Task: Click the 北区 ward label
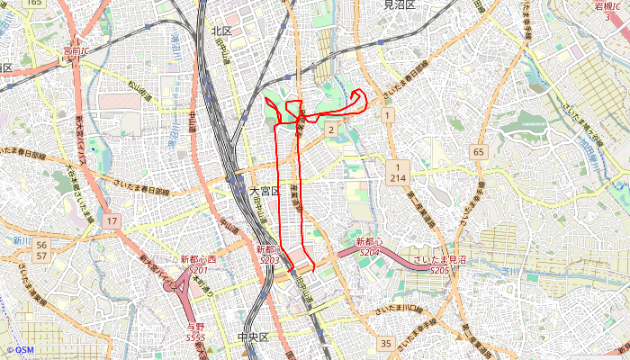click(x=221, y=31)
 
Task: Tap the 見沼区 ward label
click(x=399, y=5)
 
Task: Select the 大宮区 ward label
click(x=265, y=192)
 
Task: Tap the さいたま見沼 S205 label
click(x=439, y=265)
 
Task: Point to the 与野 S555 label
click(x=195, y=332)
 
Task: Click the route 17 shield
click(x=111, y=220)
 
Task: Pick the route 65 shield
click(x=478, y=152)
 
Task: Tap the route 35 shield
click(x=386, y=343)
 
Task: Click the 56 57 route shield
click(x=42, y=250)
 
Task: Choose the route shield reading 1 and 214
click(x=397, y=173)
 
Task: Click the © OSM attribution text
click(x=20, y=350)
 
